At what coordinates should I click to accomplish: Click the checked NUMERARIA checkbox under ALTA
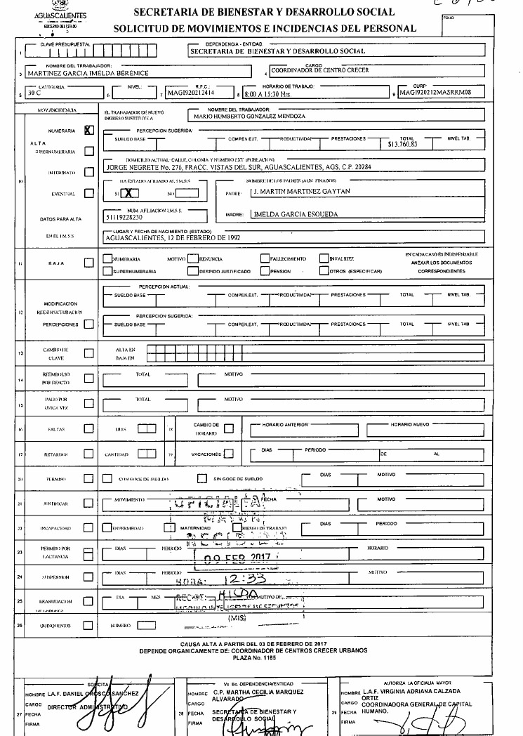88,130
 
